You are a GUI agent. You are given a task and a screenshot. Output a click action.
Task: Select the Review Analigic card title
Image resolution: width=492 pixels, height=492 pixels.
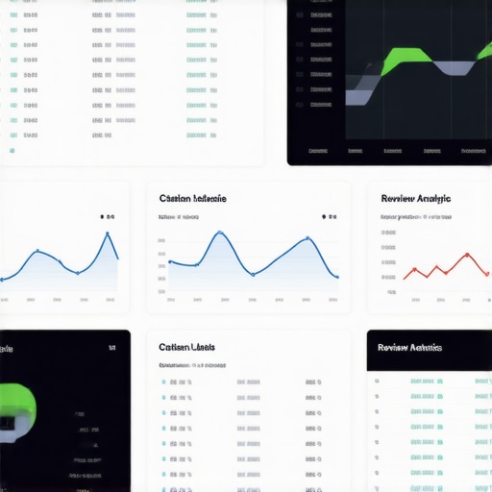(x=415, y=198)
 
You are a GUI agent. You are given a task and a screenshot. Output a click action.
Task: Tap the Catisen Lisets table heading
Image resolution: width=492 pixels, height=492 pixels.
(x=186, y=347)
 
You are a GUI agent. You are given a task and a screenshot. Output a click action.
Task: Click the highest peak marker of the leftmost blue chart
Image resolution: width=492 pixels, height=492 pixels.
(x=108, y=234)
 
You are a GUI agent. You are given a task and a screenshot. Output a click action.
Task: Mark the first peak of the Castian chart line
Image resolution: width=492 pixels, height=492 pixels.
(x=219, y=233)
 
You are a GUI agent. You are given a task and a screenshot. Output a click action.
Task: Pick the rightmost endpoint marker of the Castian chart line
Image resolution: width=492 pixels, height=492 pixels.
(x=336, y=277)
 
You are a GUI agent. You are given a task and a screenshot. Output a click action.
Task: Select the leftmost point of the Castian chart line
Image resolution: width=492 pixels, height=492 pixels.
(x=170, y=261)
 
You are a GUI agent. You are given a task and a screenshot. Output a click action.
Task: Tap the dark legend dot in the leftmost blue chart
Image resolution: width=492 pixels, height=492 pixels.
(x=102, y=217)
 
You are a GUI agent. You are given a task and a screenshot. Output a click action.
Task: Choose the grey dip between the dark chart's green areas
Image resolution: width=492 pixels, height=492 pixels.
(x=454, y=68)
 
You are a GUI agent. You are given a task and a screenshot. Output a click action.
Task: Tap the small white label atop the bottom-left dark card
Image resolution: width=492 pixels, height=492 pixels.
(x=112, y=346)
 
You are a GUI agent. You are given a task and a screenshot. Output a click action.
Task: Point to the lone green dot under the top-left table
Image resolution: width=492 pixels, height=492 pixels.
(x=12, y=150)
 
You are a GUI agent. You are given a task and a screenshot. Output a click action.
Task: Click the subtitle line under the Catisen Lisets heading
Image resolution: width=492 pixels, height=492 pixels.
(x=192, y=366)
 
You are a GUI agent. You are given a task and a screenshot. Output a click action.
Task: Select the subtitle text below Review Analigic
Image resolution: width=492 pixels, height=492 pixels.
(x=415, y=217)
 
